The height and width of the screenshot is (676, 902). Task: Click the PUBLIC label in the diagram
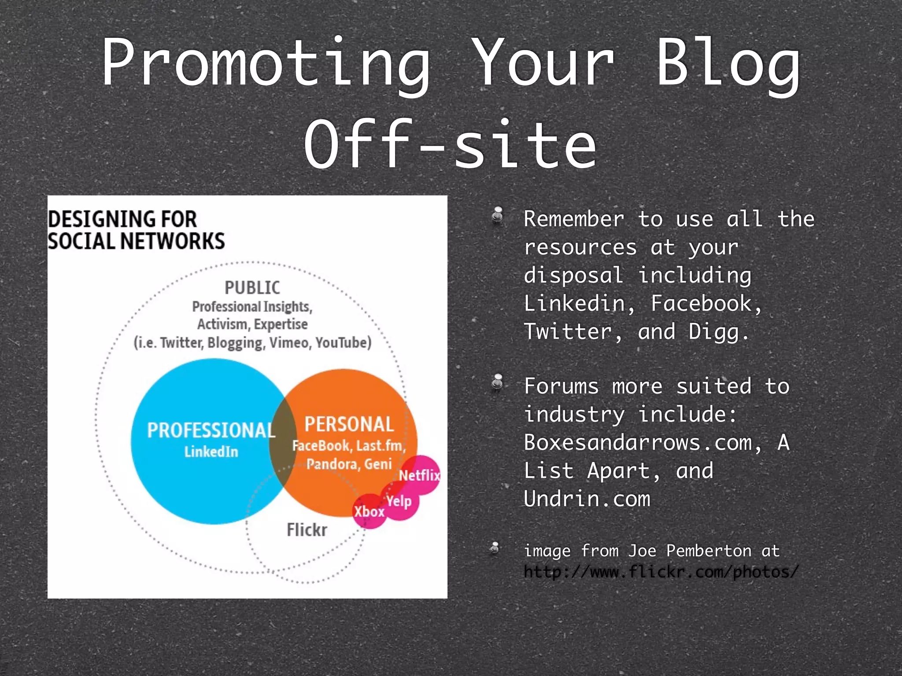252,288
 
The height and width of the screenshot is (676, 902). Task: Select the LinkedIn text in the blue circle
211,452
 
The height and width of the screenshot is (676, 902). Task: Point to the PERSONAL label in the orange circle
349,424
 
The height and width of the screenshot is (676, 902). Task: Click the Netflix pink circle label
419,475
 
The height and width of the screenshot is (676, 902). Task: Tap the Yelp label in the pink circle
399,501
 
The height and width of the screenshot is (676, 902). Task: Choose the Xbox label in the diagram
369,511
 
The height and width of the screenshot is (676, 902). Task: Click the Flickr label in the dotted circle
307,529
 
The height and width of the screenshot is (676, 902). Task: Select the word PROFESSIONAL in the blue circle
211,430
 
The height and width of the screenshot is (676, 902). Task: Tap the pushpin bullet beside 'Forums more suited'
497,382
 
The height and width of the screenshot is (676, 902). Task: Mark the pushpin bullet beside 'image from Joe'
495,548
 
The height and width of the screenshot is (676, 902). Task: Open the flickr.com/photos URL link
661,572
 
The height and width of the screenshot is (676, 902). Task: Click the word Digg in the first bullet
713,332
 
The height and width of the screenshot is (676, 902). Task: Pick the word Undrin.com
587,499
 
